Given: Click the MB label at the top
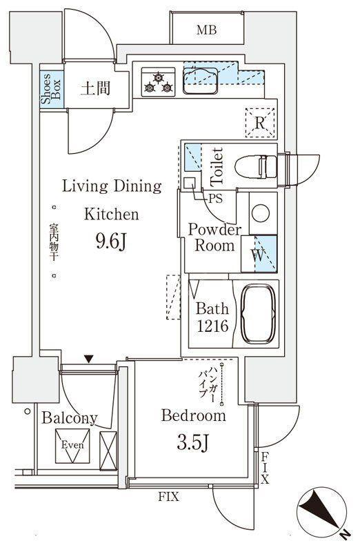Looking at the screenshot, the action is click(x=207, y=30).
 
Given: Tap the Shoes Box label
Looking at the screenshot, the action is click(x=51, y=89).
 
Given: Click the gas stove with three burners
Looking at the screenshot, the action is click(x=159, y=82).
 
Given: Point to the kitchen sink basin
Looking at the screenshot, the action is click(x=200, y=81).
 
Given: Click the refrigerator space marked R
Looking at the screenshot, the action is click(x=260, y=123).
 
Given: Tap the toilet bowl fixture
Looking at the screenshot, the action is click(x=256, y=166).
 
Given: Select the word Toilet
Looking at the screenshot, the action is click(x=217, y=167).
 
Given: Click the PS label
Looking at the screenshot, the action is click(x=215, y=199).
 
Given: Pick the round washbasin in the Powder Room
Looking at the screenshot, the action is click(x=261, y=213).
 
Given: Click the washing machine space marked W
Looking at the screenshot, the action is click(x=259, y=254).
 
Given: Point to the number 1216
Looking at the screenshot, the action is click(x=212, y=326).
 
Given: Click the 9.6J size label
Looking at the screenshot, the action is click(x=111, y=242).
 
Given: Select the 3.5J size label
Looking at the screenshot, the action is click(x=193, y=443).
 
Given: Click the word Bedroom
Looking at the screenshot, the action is click(x=194, y=415).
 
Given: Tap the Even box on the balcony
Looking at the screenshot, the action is click(x=72, y=446).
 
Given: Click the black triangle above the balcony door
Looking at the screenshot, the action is click(x=89, y=359).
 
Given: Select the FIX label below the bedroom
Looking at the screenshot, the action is click(x=168, y=497).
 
